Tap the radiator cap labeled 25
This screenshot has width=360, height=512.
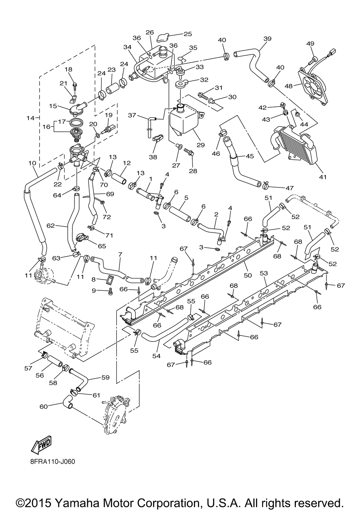[x=163, y=37]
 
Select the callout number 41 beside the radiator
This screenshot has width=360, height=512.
[x=323, y=177]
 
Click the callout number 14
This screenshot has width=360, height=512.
[x=30, y=118]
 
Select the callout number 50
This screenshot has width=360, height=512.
[x=248, y=275]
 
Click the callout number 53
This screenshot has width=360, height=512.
[x=264, y=273]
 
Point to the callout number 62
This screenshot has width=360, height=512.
[x=50, y=226]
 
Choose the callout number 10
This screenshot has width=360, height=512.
[x=32, y=163]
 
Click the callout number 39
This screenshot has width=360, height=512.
[x=267, y=38]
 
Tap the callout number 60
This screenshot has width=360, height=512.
[x=44, y=407]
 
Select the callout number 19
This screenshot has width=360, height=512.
[x=109, y=115]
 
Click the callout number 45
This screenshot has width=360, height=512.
[x=250, y=156]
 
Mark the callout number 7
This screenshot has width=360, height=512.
[x=121, y=254]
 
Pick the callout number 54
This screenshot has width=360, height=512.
[x=157, y=355]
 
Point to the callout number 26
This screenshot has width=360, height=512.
[x=150, y=32]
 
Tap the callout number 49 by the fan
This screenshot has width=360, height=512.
[x=310, y=44]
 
